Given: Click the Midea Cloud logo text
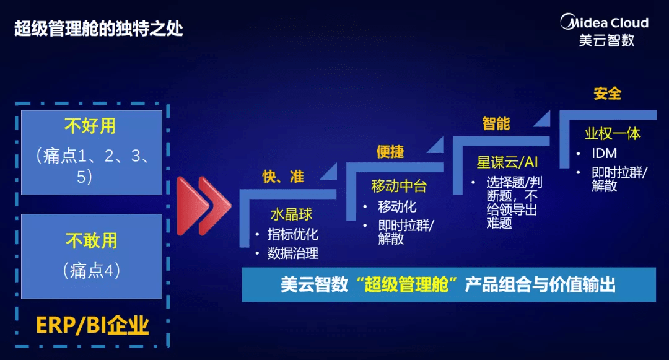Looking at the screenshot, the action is pyautogui.click(x=605, y=22).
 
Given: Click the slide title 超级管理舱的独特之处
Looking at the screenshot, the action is pyautogui.click(x=98, y=29).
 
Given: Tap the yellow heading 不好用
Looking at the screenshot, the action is pyautogui.click(x=90, y=126).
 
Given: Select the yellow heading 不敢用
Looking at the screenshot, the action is pyautogui.click(x=91, y=240).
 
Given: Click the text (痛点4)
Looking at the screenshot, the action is pyautogui.click(x=91, y=270).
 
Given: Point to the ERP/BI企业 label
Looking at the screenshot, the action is pyautogui.click(x=92, y=325).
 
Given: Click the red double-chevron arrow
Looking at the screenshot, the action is pyautogui.click(x=204, y=206).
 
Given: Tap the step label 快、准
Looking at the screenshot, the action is pyautogui.click(x=283, y=176).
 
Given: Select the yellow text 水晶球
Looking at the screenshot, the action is pyautogui.click(x=291, y=214).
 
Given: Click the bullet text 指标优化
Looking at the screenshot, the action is pyautogui.click(x=292, y=234).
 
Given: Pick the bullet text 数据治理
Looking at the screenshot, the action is pyautogui.click(x=292, y=253).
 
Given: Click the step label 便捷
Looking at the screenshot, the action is pyautogui.click(x=390, y=151).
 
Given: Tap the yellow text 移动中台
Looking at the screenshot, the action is pyautogui.click(x=399, y=186).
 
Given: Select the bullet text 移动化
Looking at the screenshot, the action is pyautogui.click(x=397, y=206).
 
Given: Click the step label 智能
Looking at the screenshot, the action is pyautogui.click(x=496, y=123).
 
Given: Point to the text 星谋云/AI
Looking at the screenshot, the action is pyautogui.click(x=507, y=162).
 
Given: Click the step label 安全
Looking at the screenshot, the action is pyautogui.click(x=607, y=93).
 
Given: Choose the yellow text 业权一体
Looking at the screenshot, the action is pyautogui.click(x=612, y=133).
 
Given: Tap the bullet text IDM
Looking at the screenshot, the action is pyautogui.click(x=604, y=153).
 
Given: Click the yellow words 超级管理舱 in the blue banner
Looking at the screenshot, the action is pyautogui.click(x=406, y=284).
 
